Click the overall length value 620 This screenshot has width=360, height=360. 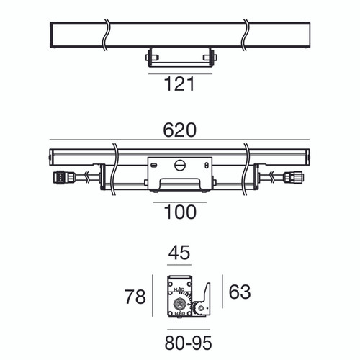point(180,130)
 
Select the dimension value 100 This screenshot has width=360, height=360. point(180,212)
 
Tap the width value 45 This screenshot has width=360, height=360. point(180,254)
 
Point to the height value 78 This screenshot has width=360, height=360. point(135,296)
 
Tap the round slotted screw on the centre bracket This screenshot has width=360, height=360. point(180,165)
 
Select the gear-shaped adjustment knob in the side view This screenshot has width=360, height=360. point(180,301)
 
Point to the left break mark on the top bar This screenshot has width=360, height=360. point(106,32)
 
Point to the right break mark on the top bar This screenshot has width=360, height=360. point(247,32)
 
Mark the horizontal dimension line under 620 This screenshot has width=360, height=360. point(180,140)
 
